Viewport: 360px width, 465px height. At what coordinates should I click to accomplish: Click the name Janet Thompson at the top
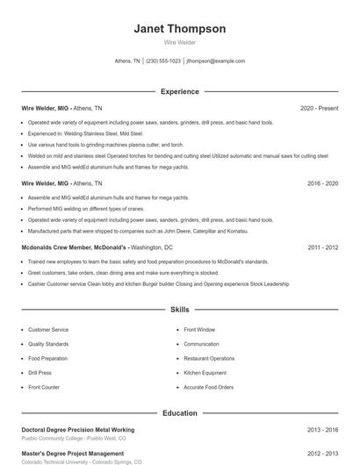(179, 29)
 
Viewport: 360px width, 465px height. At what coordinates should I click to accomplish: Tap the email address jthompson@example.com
(215, 61)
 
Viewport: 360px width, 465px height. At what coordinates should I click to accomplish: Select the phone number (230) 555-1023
(163, 61)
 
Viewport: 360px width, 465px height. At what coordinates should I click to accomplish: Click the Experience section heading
(179, 91)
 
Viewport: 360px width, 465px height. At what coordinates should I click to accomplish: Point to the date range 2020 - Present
(319, 108)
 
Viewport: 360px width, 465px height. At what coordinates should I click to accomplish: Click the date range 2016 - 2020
(322, 183)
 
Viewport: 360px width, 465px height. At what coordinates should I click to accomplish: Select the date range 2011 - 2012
(322, 247)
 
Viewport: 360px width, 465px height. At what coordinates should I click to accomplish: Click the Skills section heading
(179, 310)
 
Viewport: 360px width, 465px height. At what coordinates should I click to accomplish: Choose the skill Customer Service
(48, 330)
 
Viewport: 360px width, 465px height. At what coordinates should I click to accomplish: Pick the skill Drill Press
(40, 373)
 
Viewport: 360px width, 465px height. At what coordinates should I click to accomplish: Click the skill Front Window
(199, 330)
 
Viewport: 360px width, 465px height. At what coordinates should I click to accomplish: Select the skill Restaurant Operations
(209, 359)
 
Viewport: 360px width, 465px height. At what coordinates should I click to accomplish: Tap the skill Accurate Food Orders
(208, 387)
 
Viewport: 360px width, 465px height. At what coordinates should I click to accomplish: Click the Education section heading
(179, 412)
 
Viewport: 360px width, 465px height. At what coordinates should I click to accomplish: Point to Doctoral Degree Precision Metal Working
(78, 430)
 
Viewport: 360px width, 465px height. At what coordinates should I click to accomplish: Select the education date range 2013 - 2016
(322, 430)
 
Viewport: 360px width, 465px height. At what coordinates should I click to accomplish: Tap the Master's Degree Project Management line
(73, 454)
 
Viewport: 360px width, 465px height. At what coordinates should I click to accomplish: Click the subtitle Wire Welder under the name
(179, 42)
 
